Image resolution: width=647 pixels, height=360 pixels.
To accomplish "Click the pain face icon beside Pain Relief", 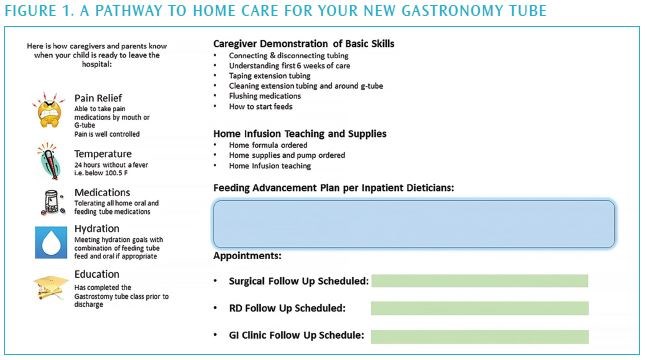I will tap(49, 115).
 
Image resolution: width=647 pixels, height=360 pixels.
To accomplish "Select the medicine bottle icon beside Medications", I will tap(48, 201).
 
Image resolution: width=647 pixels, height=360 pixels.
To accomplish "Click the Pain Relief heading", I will tap(98, 98).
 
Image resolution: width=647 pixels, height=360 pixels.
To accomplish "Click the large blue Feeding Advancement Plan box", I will tap(413, 223).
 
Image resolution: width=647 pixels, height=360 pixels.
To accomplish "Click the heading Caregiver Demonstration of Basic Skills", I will tap(304, 44).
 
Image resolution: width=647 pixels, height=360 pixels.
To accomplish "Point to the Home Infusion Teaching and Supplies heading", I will tap(300, 133).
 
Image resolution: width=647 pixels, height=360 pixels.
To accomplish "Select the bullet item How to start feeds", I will tap(262, 105).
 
